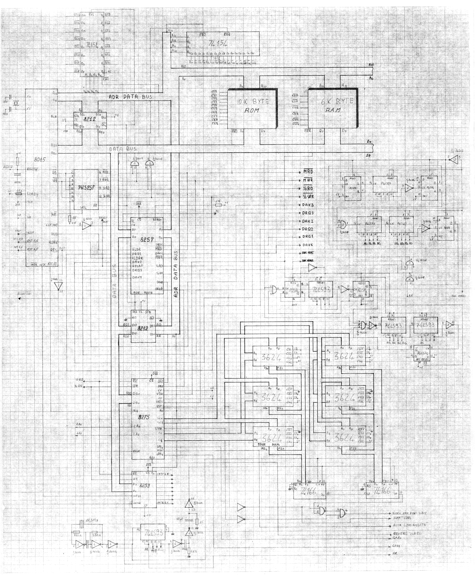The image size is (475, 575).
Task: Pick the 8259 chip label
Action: [x=144, y=486]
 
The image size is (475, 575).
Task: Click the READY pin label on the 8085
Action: [x=33, y=194]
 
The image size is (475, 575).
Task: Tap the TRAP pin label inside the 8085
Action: [x=30, y=233]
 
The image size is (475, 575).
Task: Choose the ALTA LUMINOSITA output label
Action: [x=409, y=525]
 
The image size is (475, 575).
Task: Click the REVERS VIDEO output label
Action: [x=407, y=534]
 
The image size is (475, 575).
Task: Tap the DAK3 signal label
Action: [x=308, y=205]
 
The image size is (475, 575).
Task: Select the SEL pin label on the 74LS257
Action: [x=83, y=207]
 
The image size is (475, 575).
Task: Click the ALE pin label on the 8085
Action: [x=54, y=117]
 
